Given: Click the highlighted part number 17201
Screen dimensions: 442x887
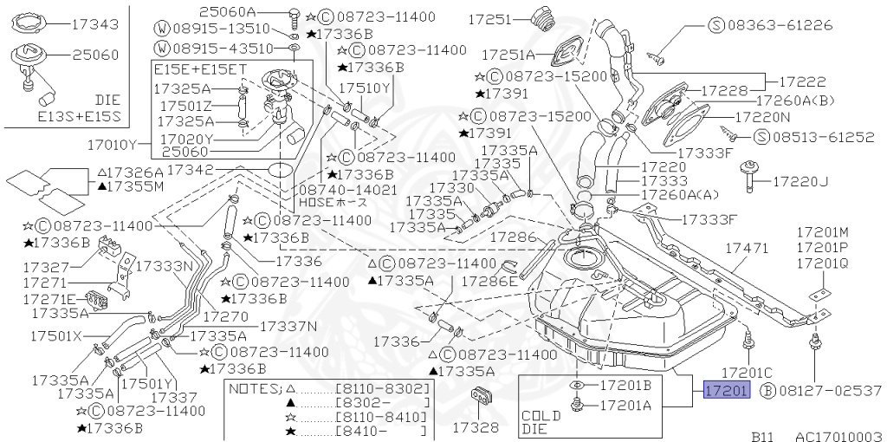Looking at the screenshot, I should (x=726, y=392).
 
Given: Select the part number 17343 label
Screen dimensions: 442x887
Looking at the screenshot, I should (x=94, y=25).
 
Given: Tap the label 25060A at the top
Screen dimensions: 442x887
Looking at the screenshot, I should (x=227, y=11).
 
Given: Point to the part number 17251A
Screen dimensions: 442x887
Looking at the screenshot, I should (x=508, y=54).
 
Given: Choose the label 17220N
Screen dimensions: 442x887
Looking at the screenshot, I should (x=762, y=115).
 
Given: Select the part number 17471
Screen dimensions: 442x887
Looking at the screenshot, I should (x=746, y=248).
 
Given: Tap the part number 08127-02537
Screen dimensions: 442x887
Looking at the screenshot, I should (x=829, y=392).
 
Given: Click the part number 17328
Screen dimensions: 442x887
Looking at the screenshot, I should (x=476, y=427).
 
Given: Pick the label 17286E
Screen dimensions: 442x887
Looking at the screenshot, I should (x=489, y=281).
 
